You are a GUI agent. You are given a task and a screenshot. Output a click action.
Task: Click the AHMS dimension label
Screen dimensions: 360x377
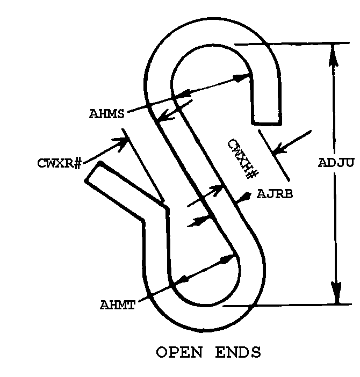click(x=106, y=113)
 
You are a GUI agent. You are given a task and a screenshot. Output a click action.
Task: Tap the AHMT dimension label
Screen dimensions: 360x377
click(x=117, y=305)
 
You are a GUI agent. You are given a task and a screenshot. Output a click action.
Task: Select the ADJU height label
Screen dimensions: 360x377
click(x=336, y=163)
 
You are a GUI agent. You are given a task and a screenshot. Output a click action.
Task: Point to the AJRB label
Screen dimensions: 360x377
click(x=275, y=194)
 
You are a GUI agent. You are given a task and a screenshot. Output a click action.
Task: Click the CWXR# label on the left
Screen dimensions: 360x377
click(x=60, y=163)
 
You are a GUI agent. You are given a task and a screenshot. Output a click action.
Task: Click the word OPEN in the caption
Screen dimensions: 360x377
click(x=179, y=352)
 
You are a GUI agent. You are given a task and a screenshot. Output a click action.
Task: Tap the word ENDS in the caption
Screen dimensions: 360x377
click(x=238, y=352)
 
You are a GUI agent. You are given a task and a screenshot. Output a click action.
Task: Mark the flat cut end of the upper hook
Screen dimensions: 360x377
click(x=266, y=124)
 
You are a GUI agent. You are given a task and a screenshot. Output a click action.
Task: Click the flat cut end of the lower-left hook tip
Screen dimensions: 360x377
click(x=92, y=171)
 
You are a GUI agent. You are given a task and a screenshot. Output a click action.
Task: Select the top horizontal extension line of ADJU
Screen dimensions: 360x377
click(x=292, y=44)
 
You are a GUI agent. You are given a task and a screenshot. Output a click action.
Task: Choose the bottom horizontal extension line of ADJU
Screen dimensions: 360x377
click(x=287, y=306)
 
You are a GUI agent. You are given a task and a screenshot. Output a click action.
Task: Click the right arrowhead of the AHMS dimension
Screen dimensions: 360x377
click(x=241, y=78)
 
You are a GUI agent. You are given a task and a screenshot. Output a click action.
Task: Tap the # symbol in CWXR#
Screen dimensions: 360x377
click(x=77, y=163)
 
